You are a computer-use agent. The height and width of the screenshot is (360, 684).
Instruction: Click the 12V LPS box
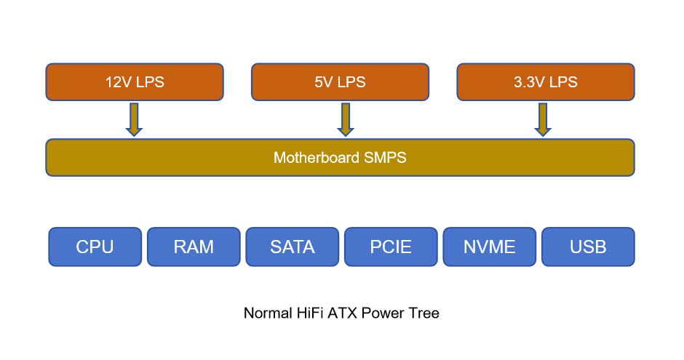point(135,81)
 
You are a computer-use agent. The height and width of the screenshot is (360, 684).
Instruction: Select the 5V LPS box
point(340,81)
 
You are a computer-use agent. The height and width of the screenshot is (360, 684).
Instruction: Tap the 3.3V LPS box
point(546,81)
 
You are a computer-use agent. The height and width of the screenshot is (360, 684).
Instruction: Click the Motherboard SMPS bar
point(340,157)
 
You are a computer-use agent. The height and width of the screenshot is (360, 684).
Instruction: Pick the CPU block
point(95,247)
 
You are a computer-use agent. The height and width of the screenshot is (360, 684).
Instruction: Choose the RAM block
point(194,247)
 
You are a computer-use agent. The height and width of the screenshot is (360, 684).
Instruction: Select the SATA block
point(293,247)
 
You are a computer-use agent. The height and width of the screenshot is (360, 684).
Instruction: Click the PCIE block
point(391,247)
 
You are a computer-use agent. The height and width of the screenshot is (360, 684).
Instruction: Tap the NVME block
point(490,247)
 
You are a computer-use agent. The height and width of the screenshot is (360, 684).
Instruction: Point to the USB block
point(588,247)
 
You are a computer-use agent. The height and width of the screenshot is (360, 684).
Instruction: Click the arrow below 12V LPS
point(134,119)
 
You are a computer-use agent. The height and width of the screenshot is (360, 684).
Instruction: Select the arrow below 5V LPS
point(346,119)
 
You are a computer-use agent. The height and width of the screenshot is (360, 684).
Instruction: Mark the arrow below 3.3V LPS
point(542,119)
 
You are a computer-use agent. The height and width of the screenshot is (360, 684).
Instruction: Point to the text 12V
point(117,82)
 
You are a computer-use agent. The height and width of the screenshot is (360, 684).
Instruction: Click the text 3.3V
point(529,82)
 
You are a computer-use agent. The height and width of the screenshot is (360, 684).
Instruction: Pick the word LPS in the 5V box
point(351,82)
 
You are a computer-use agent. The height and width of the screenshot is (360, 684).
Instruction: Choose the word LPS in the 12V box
point(150,82)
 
